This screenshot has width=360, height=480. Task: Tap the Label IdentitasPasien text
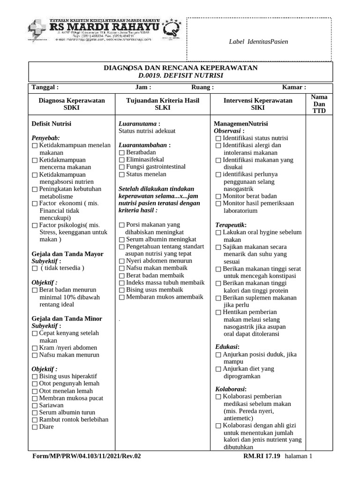click(258, 42)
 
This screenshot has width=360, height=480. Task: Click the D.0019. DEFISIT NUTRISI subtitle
click(180, 75)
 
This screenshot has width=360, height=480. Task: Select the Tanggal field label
click(45, 87)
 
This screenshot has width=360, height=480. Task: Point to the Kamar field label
click(294, 87)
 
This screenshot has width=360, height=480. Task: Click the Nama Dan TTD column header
click(319, 104)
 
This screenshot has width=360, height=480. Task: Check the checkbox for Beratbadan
click(122, 153)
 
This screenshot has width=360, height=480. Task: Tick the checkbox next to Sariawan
click(35, 405)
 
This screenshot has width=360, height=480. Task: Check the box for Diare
click(35, 427)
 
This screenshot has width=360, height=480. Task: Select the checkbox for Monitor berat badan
click(218, 196)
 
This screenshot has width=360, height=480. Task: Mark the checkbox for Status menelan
click(122, 174)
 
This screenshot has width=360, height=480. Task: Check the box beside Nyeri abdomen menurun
click(122, 261)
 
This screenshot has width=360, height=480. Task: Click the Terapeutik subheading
click(231, 225)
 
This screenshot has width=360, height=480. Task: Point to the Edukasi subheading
click(227, 346)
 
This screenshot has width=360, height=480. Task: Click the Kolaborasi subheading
click(231, 389)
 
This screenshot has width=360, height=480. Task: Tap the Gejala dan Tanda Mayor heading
click(67, 254)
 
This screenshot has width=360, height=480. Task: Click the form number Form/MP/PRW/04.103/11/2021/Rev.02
click(86, 456)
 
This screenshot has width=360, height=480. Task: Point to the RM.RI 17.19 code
click(262, 456)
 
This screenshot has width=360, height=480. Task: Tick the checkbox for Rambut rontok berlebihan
click(35, 420)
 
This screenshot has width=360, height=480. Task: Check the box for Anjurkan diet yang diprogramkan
click(218, 369)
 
